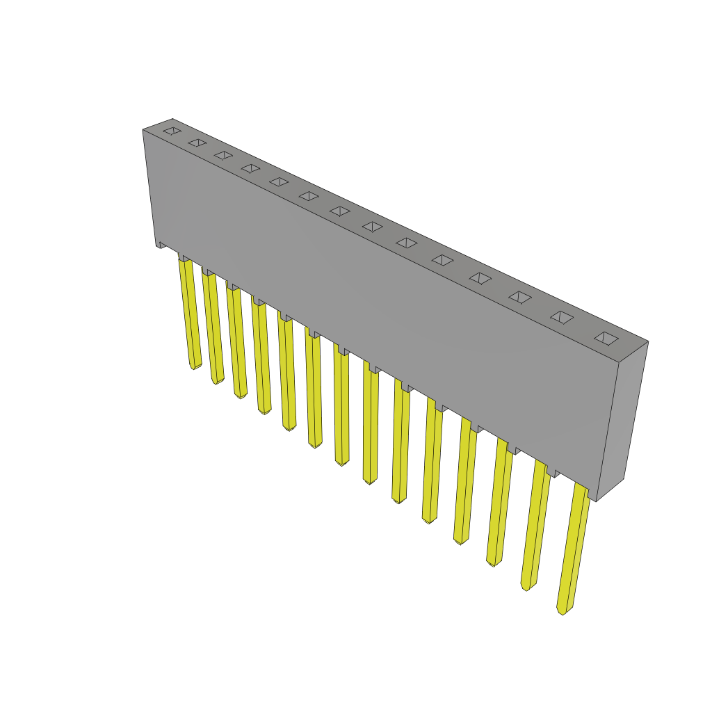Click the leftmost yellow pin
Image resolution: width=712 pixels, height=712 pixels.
(190, 313)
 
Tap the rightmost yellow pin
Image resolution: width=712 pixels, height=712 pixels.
(574, 549)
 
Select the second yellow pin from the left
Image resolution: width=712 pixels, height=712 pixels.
(213, 327)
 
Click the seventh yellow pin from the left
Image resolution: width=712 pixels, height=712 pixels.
(341, 407)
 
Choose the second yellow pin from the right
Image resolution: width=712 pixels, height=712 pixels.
(535, 525)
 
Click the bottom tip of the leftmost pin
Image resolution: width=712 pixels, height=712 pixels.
(193, 366)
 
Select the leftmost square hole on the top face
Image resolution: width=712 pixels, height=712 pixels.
(172, 131)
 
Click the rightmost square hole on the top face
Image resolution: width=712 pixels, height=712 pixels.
(606, 339)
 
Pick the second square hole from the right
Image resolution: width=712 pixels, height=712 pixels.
(562, 317)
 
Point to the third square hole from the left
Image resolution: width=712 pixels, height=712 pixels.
(223, 155)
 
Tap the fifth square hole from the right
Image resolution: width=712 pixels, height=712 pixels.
(442, 260)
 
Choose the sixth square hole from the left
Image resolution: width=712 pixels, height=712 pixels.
(309, 196)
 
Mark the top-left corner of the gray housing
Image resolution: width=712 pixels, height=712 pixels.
(144, 130)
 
